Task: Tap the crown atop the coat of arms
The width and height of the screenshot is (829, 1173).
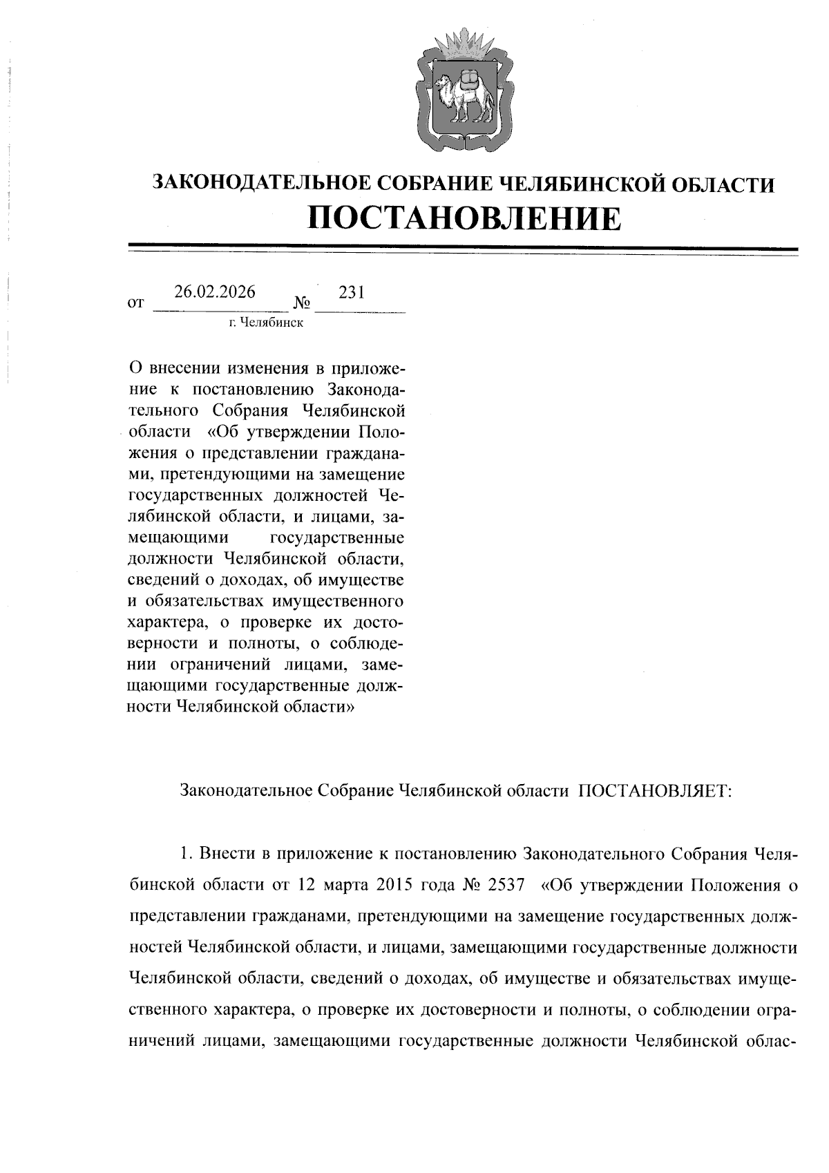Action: [x=464, y=44]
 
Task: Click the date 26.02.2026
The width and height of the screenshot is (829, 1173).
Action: [x=215, y=292]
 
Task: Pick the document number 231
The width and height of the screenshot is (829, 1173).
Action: [x=352, y=292]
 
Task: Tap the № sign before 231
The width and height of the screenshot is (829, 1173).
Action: [x=302, y=303]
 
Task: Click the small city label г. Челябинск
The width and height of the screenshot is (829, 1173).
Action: [x=267, y=323]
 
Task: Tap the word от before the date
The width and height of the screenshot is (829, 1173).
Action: [x=136, y=303]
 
